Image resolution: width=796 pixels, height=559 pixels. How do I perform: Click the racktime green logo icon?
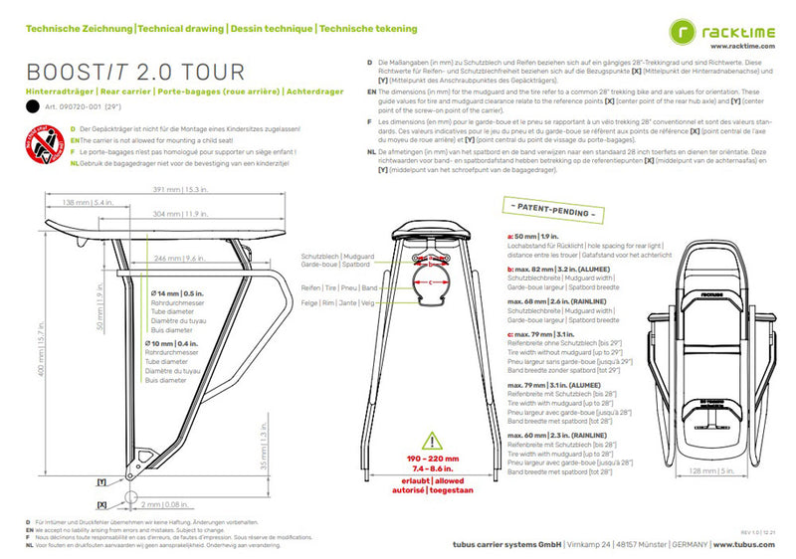click(684, 36)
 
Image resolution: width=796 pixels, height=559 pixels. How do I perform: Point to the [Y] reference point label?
click(100, 480)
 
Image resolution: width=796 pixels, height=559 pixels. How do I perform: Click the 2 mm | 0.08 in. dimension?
click(163, 503)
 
